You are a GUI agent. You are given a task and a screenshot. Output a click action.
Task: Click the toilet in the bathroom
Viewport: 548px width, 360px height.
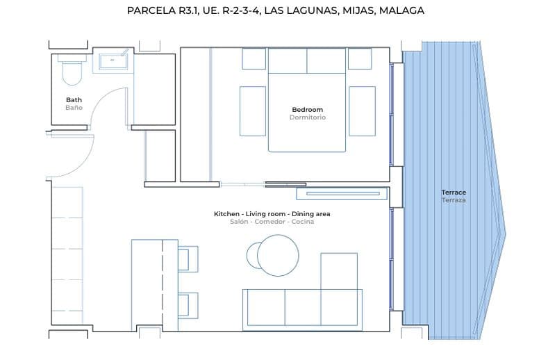[x=72, y=69]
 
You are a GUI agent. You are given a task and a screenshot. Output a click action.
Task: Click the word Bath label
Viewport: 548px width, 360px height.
[x=74, y=99]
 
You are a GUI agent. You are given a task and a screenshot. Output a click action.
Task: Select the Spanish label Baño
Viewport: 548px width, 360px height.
[x=74, y=108]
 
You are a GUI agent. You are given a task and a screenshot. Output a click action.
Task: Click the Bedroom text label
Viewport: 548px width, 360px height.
[x=307, y=110]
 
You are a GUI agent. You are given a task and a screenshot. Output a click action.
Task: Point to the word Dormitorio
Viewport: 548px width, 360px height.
[x=307, y=117]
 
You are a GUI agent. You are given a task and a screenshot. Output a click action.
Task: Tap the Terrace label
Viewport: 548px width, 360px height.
[x=454, y=192]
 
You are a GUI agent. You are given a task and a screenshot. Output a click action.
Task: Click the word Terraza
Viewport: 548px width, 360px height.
[x=454, y=200]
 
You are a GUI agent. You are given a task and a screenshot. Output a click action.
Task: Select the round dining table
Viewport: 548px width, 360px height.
[x=278, y=255]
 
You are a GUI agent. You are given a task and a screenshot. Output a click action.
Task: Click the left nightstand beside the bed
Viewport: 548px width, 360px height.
[x=252, y=110]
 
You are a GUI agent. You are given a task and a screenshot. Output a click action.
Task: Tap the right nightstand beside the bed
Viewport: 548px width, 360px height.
[x=362, y=110]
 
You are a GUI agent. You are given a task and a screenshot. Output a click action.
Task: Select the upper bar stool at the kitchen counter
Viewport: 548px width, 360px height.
[x=187, y=259]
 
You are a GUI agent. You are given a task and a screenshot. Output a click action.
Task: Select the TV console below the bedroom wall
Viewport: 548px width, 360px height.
[x=341, y=193]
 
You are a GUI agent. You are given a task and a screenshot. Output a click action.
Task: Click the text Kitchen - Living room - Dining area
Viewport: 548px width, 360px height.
[x=272, y=214]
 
